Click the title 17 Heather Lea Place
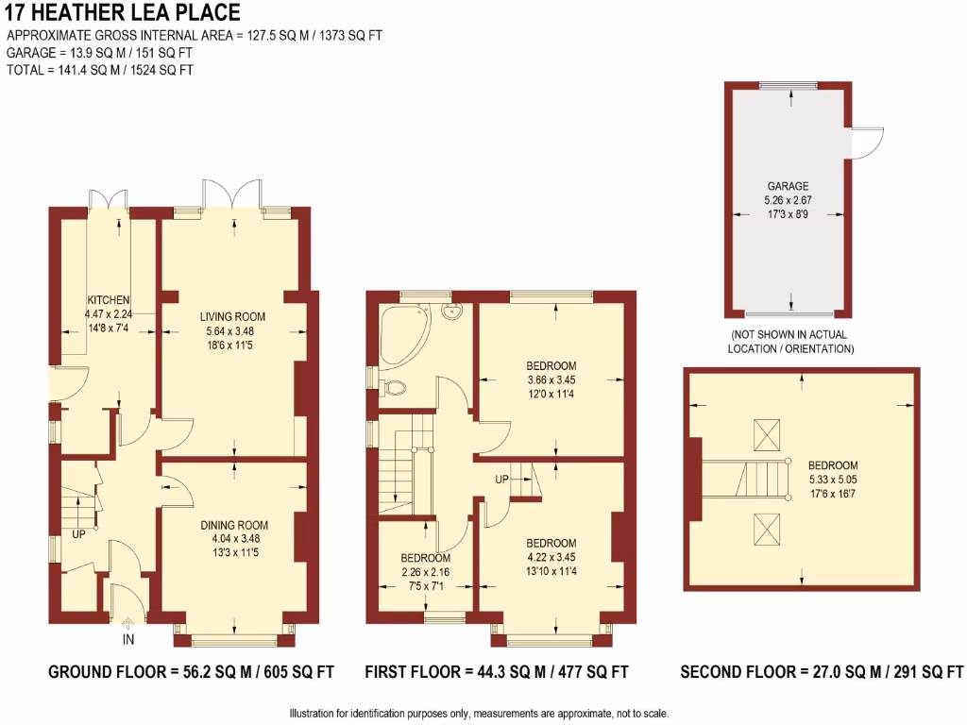coord(122,13)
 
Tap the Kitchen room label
coord(109,300)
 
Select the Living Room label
coord(232,317)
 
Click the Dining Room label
coord(233,526)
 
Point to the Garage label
coord(788,186)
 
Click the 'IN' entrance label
coord(128,641)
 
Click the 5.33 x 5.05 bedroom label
coord(833,465)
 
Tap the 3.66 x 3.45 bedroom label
coord(551,366)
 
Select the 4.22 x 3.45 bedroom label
coord(551,544)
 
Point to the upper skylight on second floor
coord(766,436)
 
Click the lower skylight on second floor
coord(766,529)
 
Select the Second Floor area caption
coord(822,673)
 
